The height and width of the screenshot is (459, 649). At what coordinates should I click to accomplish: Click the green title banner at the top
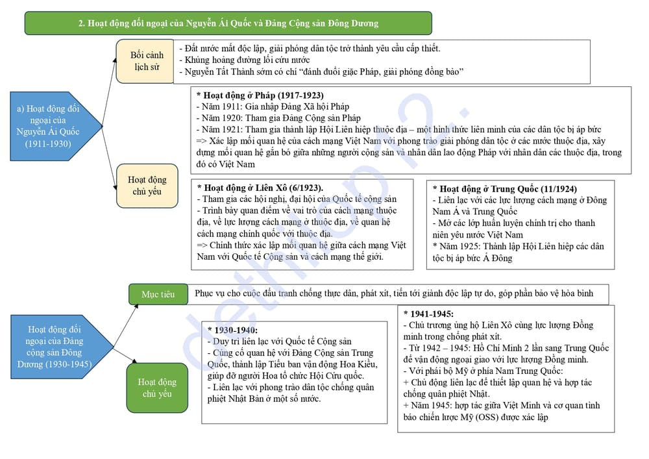[x=228, y=23]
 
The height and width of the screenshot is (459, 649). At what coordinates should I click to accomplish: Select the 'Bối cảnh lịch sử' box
[x=146, y=61]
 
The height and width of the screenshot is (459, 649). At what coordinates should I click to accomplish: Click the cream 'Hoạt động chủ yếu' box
[x=147, y=185]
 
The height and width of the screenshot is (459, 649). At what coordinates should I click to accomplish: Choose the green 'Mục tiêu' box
[x=158, y=294]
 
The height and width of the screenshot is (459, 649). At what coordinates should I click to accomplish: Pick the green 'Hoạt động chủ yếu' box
[x=156, y=388]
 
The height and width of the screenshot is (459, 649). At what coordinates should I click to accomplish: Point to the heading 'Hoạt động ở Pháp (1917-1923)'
[x=260, y=95]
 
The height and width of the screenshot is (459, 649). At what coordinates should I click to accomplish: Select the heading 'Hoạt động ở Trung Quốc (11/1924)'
[x=504, y=189]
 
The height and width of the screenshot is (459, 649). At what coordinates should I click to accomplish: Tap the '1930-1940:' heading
[x=232, y=330]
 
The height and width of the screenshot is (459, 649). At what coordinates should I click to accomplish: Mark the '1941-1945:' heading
[x=428, y=314]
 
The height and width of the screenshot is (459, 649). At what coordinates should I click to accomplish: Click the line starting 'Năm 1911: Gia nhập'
[x=273, y=106]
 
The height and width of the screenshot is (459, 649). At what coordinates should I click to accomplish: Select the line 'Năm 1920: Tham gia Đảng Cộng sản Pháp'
[x=278, y=118]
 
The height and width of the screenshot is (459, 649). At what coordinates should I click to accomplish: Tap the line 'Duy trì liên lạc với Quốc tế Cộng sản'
[x=280, y=341]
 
